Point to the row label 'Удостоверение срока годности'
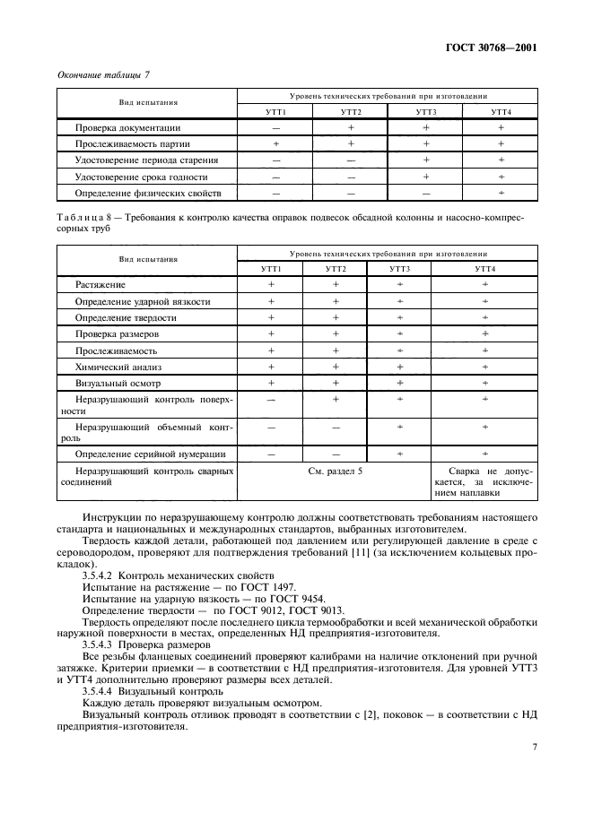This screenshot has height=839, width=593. click(x=144, y=177)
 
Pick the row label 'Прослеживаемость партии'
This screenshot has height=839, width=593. click(x=133, y=143)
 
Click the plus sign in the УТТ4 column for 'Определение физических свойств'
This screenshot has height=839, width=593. click(x=501, y=193)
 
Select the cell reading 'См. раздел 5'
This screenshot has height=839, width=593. click(x=335, y=470)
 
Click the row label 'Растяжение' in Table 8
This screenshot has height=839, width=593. click(x=101, y=284)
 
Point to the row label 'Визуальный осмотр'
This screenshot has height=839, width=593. click(x=120, y=383)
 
